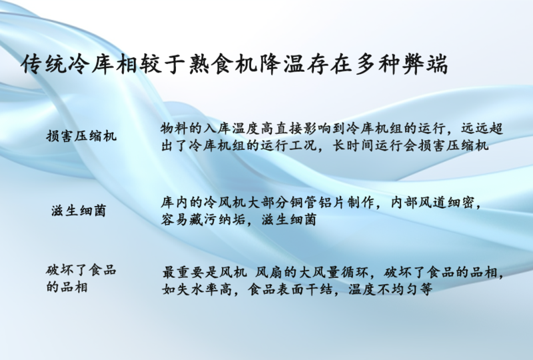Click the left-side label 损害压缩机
pos(81,136)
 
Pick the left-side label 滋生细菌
pos(79,211)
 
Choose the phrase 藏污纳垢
pos(220,219)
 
